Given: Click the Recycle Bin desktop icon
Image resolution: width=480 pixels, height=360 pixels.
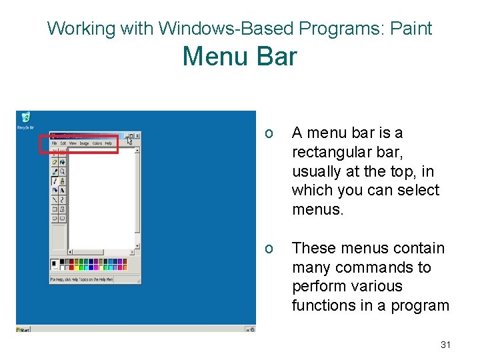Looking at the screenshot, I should click(x=26, y=119).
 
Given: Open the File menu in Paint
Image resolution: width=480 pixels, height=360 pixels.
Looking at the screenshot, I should click(x=55, y=143).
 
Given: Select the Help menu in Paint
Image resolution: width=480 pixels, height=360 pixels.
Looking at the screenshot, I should click(x=109, y=143).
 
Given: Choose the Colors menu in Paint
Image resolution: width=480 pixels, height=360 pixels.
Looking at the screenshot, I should click(x=97, y=143).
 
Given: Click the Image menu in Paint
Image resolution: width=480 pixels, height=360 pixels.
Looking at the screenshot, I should click(x=85, y=143).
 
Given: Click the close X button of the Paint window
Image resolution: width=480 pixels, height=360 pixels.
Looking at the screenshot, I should click(x=137, y=135).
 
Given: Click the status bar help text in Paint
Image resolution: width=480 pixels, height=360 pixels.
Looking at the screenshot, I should click(x=82, y=279).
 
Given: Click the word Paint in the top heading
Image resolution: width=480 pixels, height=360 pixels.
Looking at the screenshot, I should click(x=411, y=29).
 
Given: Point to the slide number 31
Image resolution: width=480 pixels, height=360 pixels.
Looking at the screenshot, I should click(x=446, y=345).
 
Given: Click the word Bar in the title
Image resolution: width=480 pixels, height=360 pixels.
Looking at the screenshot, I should click(x=275, y=56).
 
